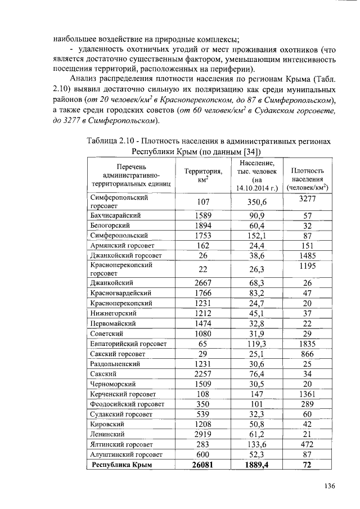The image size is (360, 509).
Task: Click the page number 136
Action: [328, 486]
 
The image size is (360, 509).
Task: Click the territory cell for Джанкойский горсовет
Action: [203, 255]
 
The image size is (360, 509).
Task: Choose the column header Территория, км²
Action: [203, 175]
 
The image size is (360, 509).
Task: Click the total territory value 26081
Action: [203, 465]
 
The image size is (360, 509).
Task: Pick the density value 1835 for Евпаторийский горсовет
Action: [307, 343]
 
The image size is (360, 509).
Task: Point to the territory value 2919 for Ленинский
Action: [203, 434]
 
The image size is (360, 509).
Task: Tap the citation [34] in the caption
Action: [251, 151]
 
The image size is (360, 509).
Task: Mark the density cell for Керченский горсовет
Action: [307, 394]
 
